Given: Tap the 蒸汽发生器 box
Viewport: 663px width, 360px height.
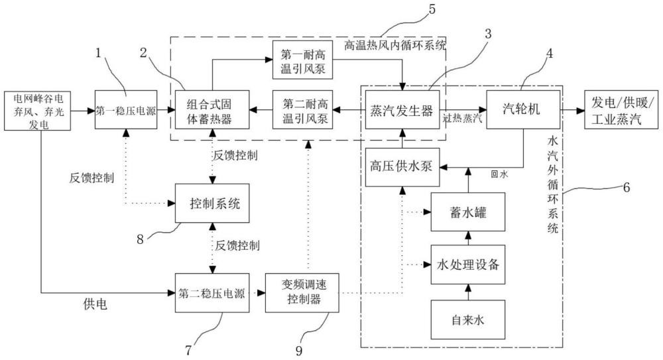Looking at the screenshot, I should [401, 110].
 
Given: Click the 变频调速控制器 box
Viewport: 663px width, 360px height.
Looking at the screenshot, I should [301, 292].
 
